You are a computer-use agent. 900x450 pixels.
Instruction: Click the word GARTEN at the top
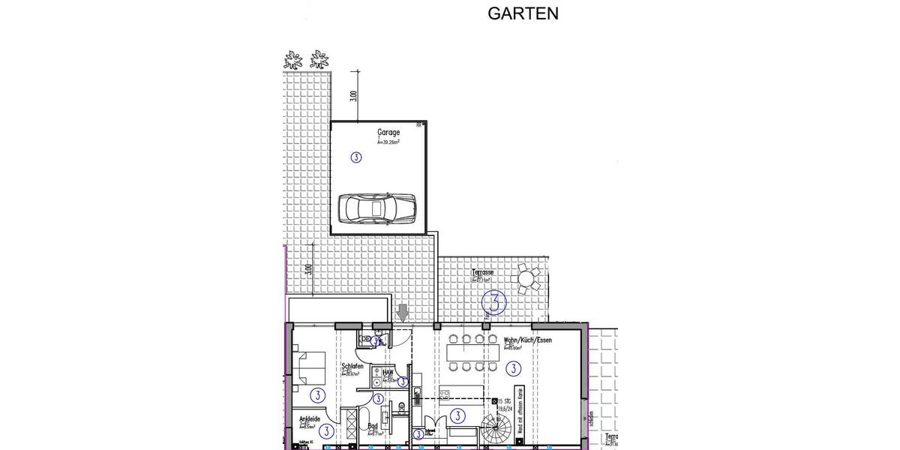[x=523, y=13]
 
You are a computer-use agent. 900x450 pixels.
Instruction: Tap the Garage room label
[x=388, y=132]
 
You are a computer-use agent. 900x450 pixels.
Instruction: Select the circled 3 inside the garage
[x=355, y=157]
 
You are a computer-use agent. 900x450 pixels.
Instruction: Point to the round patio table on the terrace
[x=527, y=280]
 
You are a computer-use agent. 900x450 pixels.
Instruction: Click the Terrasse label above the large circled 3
[x=482, y=272]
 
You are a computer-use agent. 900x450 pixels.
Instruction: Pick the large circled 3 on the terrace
[x=496, y=302]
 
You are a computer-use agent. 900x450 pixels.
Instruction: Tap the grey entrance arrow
[x=403, y=313]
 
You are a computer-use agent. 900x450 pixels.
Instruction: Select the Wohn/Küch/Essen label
[x=528, y=340]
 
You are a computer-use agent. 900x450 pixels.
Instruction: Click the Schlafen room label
[x=352, y=366]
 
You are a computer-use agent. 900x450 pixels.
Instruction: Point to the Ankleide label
[x=310, y=420]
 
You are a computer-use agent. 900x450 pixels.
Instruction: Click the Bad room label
[x=372, y=426]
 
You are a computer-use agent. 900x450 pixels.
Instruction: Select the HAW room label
[x=388, y=372]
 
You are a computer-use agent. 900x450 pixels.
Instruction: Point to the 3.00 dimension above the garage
[x=353, y=96]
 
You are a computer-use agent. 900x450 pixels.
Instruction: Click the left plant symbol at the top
[x=292, y=58]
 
